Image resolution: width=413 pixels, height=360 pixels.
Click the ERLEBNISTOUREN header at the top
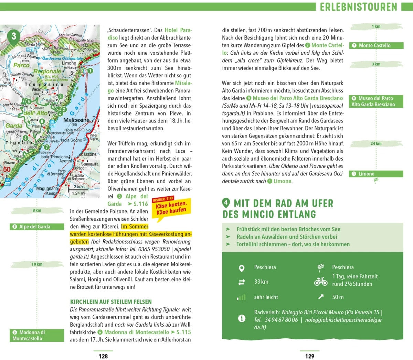click(358, 7)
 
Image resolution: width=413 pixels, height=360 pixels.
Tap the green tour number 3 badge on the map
click(13, 36)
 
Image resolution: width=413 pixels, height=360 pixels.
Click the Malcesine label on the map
click(76, 120)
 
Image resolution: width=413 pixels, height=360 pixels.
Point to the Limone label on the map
click(69, 63)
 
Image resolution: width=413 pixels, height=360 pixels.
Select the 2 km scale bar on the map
click(78, 188)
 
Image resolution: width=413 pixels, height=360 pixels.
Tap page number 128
click(103, 356)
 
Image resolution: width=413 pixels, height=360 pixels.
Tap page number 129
click(309, 356)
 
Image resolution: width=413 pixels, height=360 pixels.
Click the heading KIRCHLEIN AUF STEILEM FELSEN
click(111, 302)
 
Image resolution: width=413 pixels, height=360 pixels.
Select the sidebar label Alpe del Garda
click(37, 227)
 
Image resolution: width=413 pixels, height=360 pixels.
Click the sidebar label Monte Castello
click(376, 45)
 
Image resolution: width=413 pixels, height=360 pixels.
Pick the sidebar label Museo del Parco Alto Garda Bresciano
click(376, 101)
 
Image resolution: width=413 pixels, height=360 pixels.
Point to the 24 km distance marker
click(376, 143)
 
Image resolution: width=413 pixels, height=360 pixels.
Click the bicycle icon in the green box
click(321, 282)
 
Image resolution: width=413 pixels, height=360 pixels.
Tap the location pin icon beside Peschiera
click(242, 268)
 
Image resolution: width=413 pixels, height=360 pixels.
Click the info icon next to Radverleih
click(242, 318)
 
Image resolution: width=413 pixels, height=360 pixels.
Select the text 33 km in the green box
click(261, 282)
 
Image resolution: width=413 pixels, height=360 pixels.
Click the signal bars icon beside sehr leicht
click(242, 297)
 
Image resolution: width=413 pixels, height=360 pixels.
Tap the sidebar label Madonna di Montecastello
click(37, 335)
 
